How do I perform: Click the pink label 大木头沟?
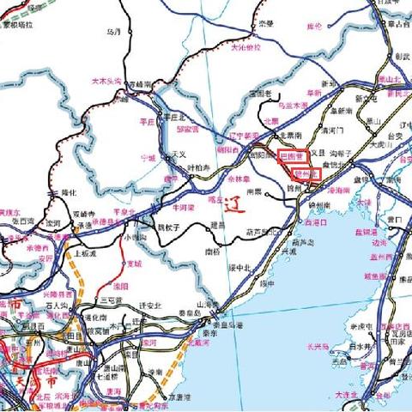coord(107,82)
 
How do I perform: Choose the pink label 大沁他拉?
coord(244,48)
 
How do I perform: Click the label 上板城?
coord(86,254)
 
